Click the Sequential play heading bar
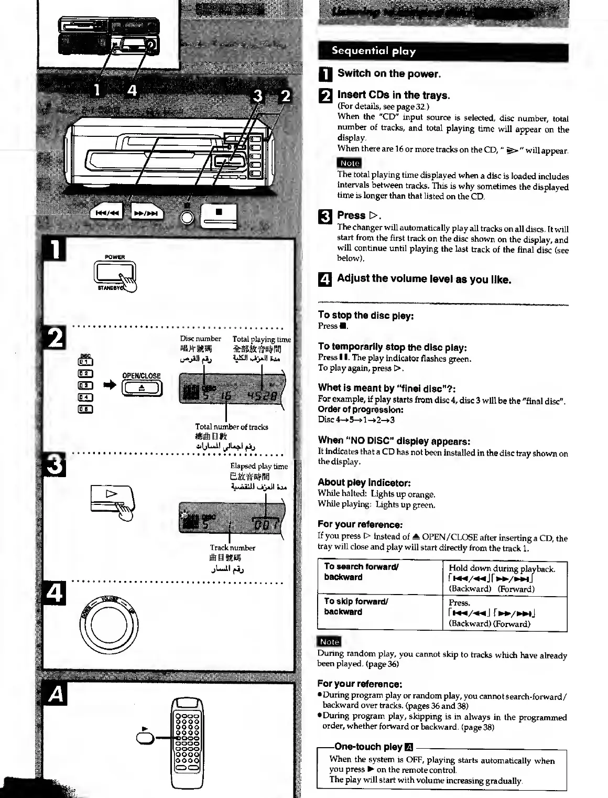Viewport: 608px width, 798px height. (443, 51)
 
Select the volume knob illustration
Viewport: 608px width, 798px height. (110, 623)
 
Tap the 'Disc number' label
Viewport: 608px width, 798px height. (200, 339)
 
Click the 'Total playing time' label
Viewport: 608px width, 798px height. (261, 339)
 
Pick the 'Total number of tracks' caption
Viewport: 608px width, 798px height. (231, 427)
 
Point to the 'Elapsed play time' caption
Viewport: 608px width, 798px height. (259, 466)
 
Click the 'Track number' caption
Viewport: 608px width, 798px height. (232, 548)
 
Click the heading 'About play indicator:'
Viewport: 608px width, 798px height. (364, 482)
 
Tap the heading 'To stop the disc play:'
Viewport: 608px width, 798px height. (366, 316)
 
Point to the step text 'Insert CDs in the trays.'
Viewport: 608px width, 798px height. (394, 95)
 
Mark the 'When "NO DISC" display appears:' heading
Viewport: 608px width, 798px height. (394, 440)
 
